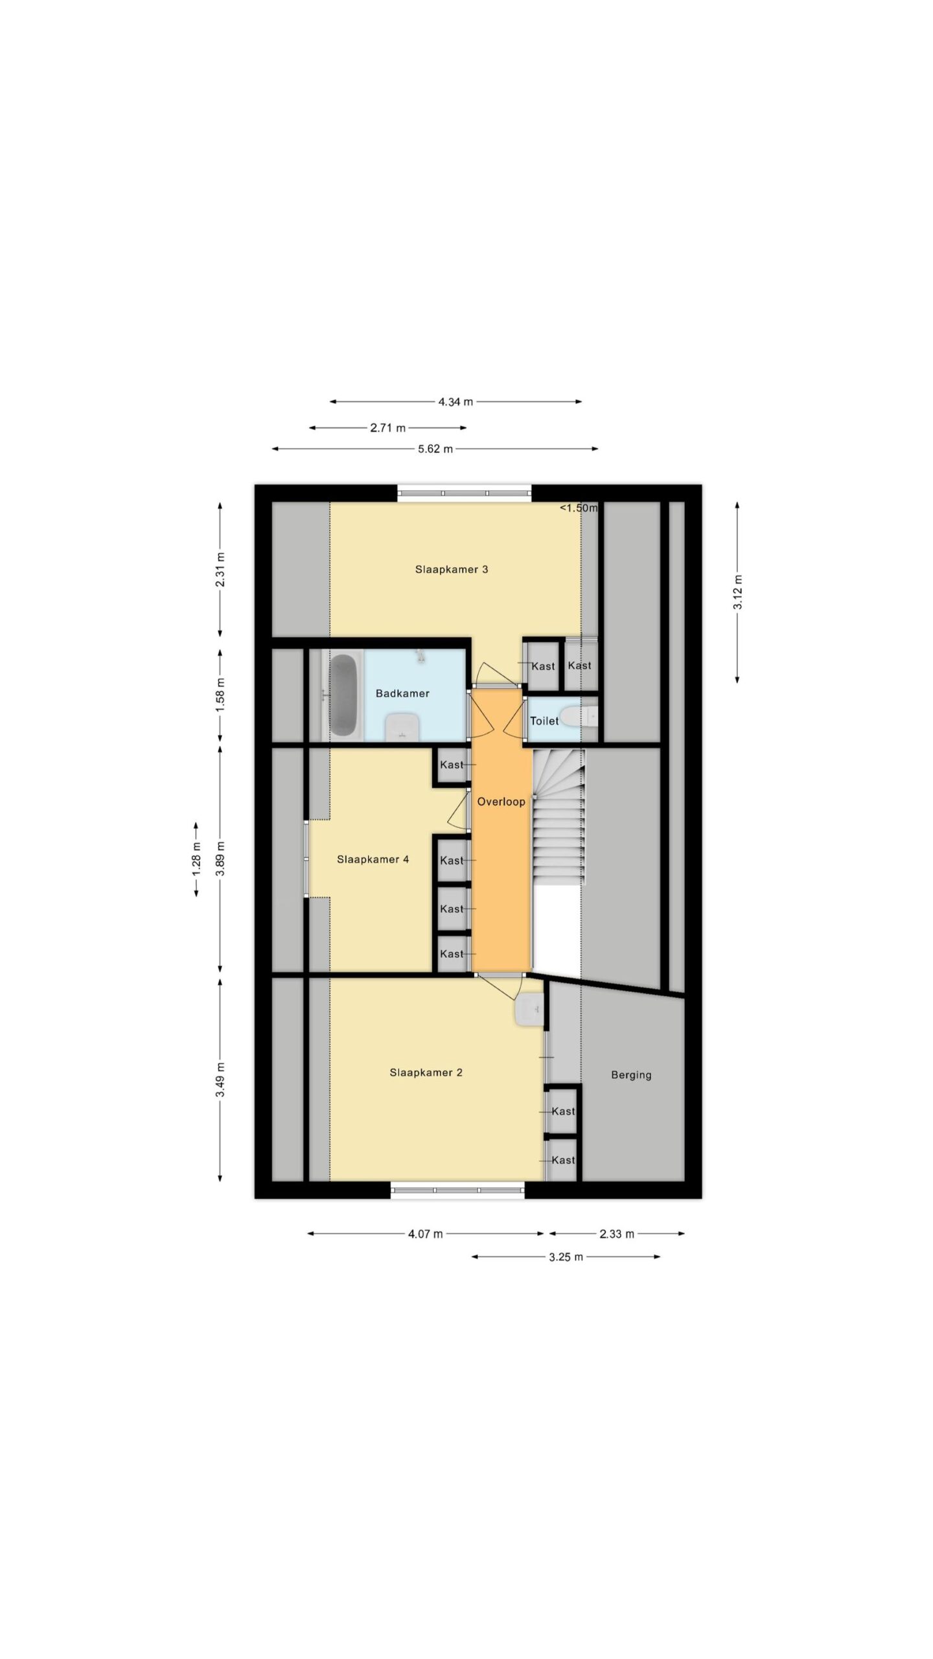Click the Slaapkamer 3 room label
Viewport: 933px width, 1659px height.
451,570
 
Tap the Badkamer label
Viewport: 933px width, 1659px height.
402,693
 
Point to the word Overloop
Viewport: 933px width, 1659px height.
501,802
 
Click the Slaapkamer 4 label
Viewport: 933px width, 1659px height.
373,860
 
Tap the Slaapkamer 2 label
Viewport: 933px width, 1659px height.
426,1073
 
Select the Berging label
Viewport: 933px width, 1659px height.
631,1075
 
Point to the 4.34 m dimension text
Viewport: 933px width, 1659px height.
455,402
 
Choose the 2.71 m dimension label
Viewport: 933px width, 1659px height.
388,428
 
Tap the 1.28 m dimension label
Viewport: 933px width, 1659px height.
196,859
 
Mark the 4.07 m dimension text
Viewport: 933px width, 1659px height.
426,1234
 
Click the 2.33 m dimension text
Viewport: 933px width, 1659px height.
617,1234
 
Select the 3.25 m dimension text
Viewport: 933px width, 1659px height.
566,1257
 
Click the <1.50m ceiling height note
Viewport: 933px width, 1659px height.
579,508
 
